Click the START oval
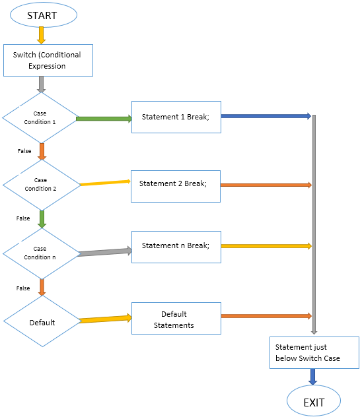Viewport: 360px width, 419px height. [x=42, y=15]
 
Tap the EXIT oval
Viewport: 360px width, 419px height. [x=314, y=401]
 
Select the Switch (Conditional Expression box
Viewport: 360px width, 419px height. [x=48, y=60]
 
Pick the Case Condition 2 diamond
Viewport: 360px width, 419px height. [x=41, y=184]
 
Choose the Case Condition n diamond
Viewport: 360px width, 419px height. [x=41, y=253]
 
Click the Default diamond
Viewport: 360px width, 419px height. [x=41, y=322]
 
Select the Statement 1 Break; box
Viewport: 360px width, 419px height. [x=176, y=117]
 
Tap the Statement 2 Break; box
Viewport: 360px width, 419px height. [x=176, y=183]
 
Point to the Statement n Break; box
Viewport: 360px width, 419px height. [x=176, y=246]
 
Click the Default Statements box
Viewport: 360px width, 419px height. [x=176, y=319]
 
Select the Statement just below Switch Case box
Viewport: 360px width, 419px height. [x=314, y=352]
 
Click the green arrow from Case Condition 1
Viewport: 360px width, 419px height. [x=104, y=119]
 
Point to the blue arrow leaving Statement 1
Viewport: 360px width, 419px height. [x=265, y=116]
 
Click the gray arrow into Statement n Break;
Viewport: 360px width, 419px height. [x=104, y=252]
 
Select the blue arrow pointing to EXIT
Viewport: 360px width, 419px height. [x=313, y=376]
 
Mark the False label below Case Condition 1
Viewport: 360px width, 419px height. [x=24, y=151]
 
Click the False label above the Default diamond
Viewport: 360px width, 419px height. [x=23, y=288]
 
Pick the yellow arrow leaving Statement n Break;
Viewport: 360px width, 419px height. [x=265, y=246]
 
